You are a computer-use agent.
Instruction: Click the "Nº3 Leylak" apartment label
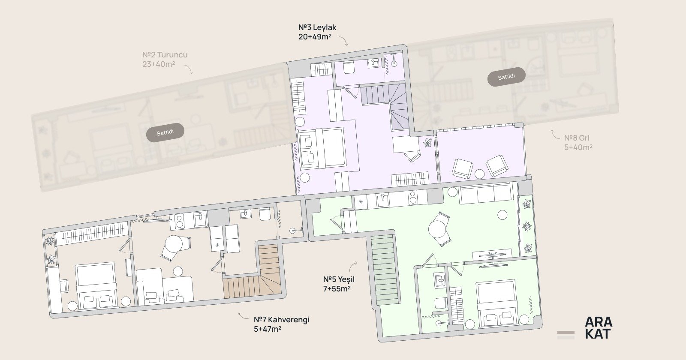point(317,27)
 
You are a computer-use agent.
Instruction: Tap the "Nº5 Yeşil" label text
point(339,279)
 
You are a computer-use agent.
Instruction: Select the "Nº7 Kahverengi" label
point(281,320)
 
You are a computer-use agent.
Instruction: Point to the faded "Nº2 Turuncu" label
point(165,55)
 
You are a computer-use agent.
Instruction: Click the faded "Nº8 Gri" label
point(577,138)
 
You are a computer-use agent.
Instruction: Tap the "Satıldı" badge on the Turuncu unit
point(165,132)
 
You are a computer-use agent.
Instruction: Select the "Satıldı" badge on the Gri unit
point(506,77)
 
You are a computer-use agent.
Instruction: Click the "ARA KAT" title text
point(599,328)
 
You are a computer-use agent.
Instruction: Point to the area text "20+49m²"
point(315,37)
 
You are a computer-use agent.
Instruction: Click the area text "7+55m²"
point(337,289)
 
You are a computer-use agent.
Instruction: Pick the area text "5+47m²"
point(268,329)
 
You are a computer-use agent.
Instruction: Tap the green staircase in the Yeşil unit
point(385,270)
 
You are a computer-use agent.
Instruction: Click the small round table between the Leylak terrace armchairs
point(479,174)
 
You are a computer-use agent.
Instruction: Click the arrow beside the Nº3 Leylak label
point(343,41)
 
